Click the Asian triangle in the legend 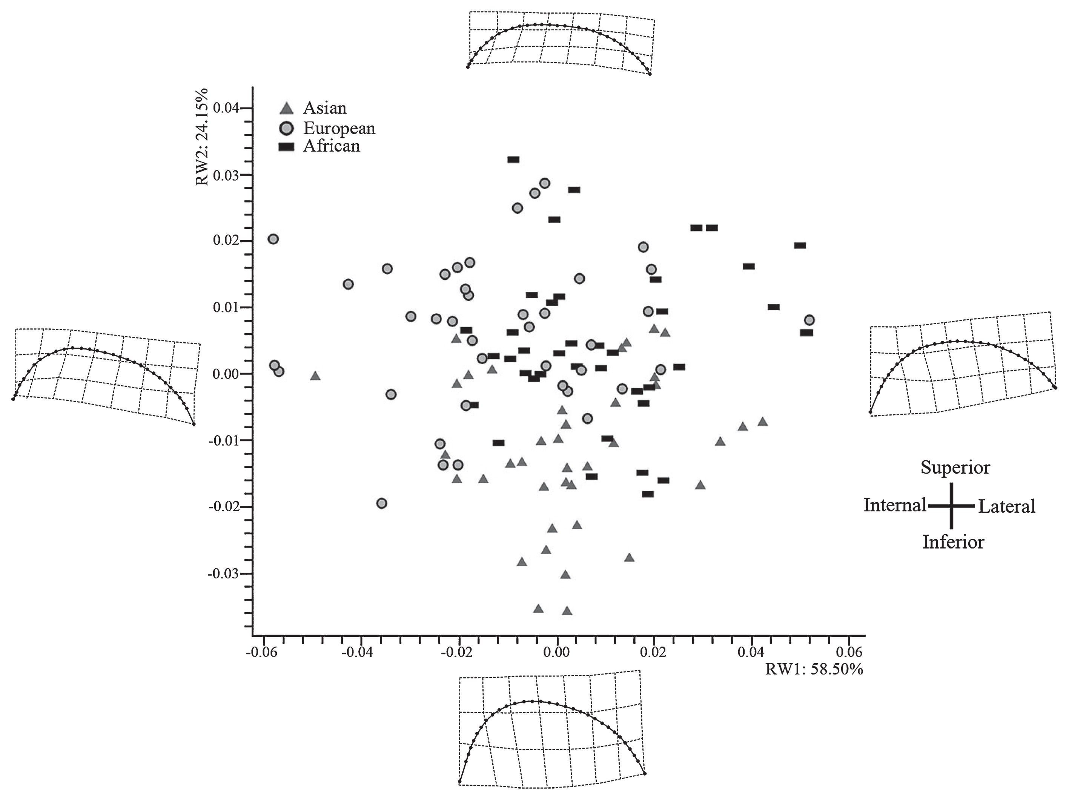pyautogui.click(x=287, y=108)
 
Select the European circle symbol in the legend pyautogui.click(x=287, y=129)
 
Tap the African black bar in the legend pyautogui.click(x=287, y=147)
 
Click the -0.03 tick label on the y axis pyautogui.click(x=223, y=573)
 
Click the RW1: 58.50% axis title pyautogui.click(x=814, y=669)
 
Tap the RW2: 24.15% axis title pyautogui.click(x=202, y=137)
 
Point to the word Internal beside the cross pyautogui.click(x=894, y=505)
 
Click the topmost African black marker pyautogui.click(x=513, y=159)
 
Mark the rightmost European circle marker pyautogui.click(x=809, y=320)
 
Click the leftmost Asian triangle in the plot pyautogui.click(x=315, y=376)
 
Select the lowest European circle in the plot pyautogui.click(x=382, y=503)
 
